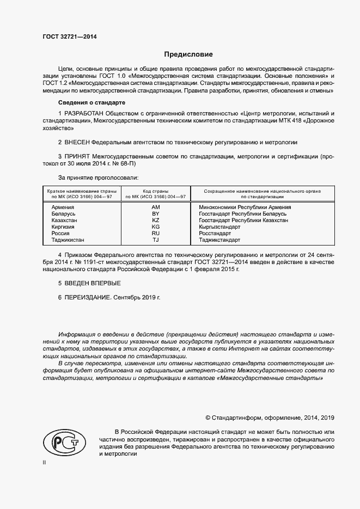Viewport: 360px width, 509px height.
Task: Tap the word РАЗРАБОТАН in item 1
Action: coord(86,113)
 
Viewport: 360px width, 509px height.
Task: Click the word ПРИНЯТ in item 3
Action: coord(78,156)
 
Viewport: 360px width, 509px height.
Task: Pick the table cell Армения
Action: coord(63,207)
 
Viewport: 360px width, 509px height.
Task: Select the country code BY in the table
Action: coord(155,214)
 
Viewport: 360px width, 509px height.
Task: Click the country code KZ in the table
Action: coord(155,220)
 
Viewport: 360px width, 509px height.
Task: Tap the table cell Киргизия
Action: coord(64,227)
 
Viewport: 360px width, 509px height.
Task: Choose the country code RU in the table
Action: coord(155,234)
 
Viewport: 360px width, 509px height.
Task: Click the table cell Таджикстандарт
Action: coord(219,240)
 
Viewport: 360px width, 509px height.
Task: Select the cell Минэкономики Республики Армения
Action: coord(245,207)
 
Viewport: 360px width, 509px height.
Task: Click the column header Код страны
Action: coord(155,192)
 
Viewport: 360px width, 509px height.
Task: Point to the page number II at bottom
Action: coord(45,462)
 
